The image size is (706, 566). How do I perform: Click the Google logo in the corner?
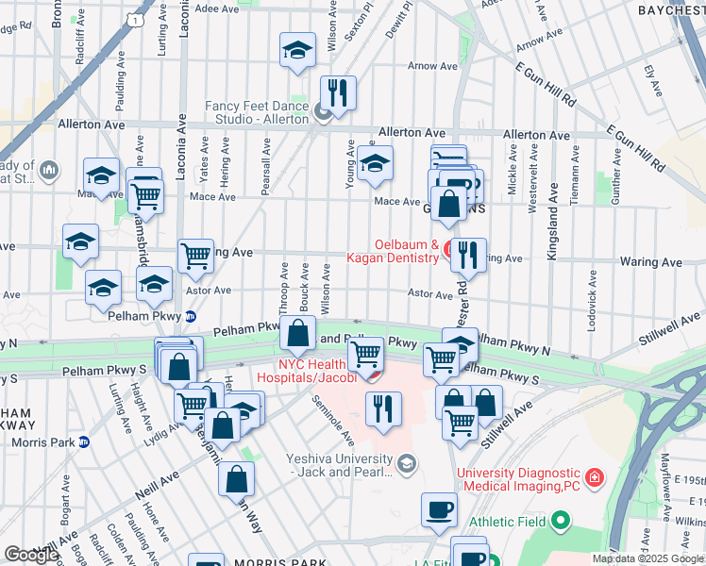click(31, 555)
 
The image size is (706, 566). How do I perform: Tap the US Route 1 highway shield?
click(138, 19)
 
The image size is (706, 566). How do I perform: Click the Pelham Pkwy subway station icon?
click(190, 317)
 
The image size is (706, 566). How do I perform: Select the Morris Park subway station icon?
click(84, 441)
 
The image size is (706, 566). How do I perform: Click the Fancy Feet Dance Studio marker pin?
click(323, 116)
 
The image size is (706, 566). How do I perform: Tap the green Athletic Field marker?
click(561, 520)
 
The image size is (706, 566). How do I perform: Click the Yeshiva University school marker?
click(407, 463)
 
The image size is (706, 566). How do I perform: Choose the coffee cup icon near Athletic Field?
click(439, 509)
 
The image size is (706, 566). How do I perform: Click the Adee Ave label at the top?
click(218, 8)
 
